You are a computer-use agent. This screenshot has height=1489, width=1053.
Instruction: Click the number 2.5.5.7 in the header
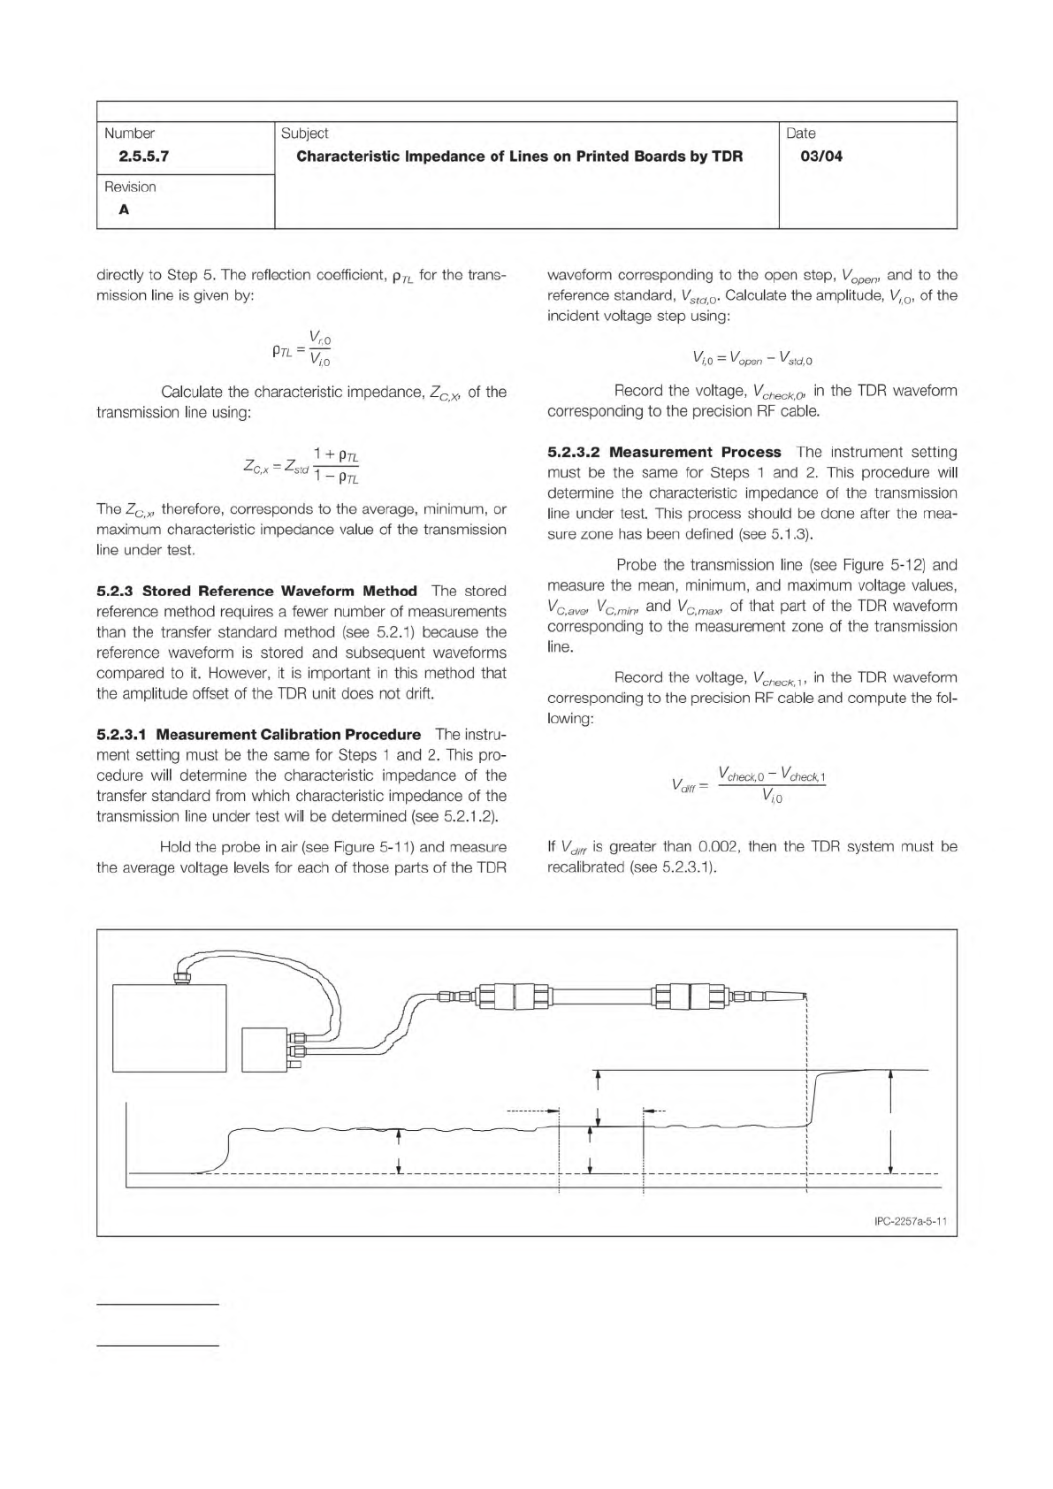(137, 157)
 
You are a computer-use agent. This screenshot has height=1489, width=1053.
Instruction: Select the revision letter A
(124, 210)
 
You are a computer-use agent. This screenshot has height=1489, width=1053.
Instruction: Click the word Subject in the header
(304, 134)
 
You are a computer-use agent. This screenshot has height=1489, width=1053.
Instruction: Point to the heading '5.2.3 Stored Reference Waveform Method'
(256, 592)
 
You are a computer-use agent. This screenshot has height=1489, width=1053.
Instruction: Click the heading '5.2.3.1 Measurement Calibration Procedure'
(258, 735)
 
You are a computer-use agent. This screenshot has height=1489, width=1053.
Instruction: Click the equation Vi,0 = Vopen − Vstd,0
(752, 359)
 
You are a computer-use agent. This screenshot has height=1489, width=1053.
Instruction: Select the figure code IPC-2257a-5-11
(910, 1222)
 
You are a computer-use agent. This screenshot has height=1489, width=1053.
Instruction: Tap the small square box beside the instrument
(265, 1049)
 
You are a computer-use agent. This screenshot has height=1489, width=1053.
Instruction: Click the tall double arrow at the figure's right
(890, 1120)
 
